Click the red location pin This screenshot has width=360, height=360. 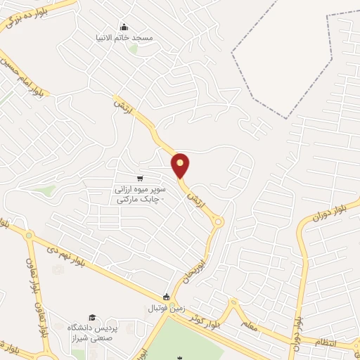[x=181, y=165]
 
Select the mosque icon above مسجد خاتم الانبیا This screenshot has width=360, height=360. [x=124, y=27]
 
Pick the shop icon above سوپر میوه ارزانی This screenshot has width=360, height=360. [x=140, y=179]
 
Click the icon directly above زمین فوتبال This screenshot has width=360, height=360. [x=167, y=297]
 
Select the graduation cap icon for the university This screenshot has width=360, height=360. [x=91, y=319]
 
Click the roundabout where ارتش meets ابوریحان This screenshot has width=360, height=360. [x=219, y=223]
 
